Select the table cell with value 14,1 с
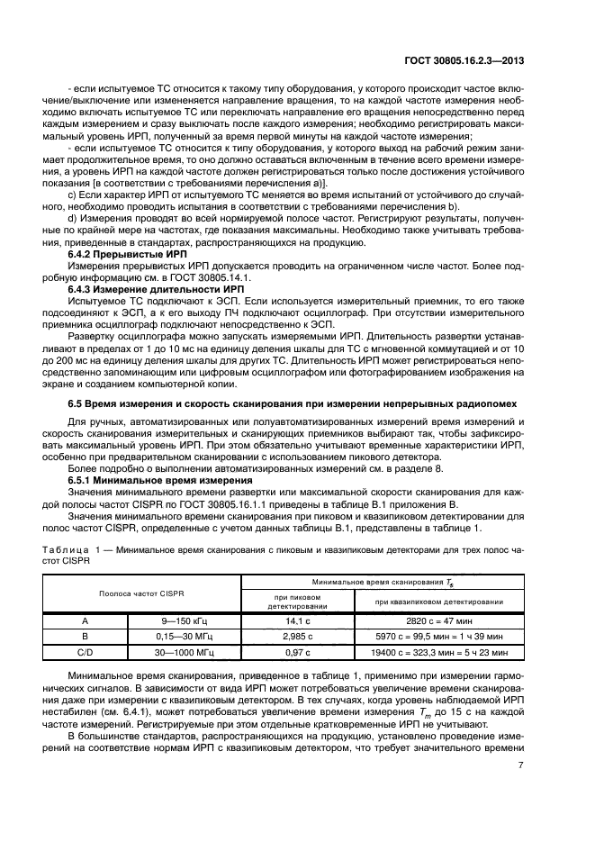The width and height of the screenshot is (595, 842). click(x=298, y=620)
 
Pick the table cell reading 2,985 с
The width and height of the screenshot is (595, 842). click(x=298, y=636)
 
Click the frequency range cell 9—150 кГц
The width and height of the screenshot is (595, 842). click(x=185, y=620)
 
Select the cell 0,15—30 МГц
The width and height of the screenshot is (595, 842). click(x=185, y=636)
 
